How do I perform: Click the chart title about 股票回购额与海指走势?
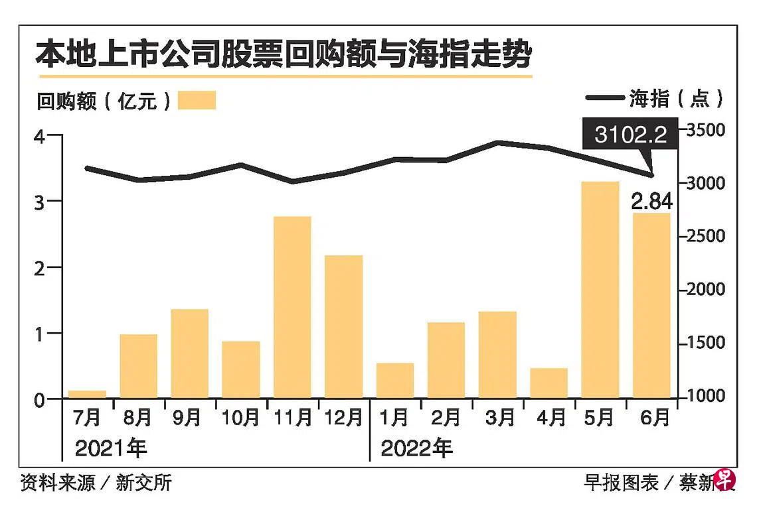click(284, 54)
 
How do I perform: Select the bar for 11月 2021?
click(292, 307)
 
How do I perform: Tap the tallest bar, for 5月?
click(600, 290)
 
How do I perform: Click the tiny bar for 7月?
click(87, 394)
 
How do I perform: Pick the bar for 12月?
click(343, 326)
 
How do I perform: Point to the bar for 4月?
click(548, 383)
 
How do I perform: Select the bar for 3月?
click(497, 355)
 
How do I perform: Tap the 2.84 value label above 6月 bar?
click(651, 201)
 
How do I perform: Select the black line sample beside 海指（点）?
click(605, 99)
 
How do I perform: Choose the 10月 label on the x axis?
click(240, 417)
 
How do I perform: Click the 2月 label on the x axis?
click(446, 417)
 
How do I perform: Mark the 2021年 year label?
click(110, 449)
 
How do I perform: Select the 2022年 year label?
click(416, 449)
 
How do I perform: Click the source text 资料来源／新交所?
click(96, 482)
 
